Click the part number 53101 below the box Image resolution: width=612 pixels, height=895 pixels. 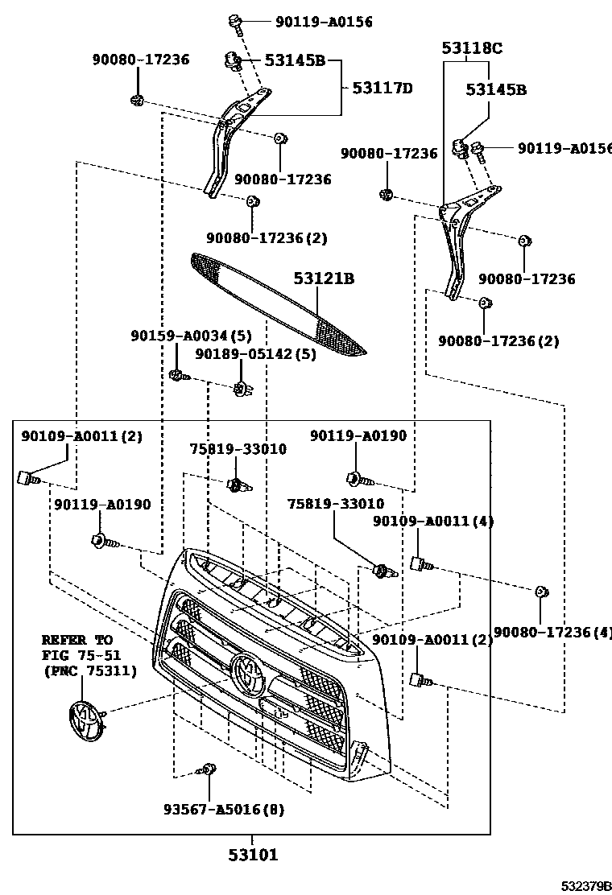[x=252, y=855]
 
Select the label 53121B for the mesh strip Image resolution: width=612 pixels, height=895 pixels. [x=324, y=279]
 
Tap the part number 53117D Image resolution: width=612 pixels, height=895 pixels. [x=382, y=88]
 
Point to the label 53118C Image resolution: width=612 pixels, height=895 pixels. [x=471, y=48]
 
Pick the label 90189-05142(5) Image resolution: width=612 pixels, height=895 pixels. [x=255, y=353]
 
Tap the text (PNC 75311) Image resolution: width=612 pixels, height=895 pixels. [x=89, y=670]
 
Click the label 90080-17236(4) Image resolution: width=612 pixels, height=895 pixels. [x=552, y=633]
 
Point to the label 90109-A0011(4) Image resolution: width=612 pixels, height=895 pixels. [x=433, y=522]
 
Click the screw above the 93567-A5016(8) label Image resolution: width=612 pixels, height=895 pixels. [x=209, y=770]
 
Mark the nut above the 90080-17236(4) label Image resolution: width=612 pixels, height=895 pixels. [x=542, y=592]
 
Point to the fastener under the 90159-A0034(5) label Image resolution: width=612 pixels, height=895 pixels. [x=176, y=374]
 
